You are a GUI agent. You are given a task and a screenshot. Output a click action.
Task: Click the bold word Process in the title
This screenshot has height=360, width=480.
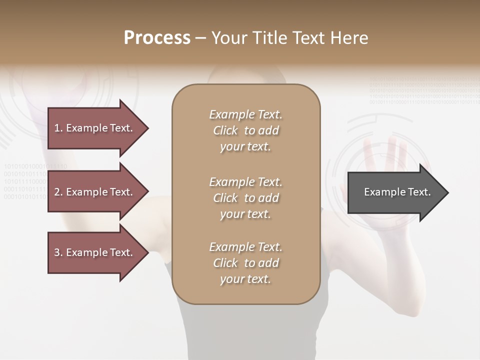157,38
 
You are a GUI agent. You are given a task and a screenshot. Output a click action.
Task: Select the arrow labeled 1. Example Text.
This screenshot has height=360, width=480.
97,128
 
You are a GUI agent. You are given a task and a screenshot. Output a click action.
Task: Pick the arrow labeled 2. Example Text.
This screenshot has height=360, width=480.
97,192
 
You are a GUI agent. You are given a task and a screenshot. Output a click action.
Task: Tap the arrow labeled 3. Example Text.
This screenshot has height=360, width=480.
97,252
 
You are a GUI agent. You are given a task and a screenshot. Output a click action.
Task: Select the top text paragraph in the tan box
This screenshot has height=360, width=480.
245,130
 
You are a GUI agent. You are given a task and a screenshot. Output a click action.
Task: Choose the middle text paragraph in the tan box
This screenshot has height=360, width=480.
245,198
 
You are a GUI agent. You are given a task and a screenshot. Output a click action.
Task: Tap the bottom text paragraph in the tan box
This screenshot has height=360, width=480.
245,263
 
